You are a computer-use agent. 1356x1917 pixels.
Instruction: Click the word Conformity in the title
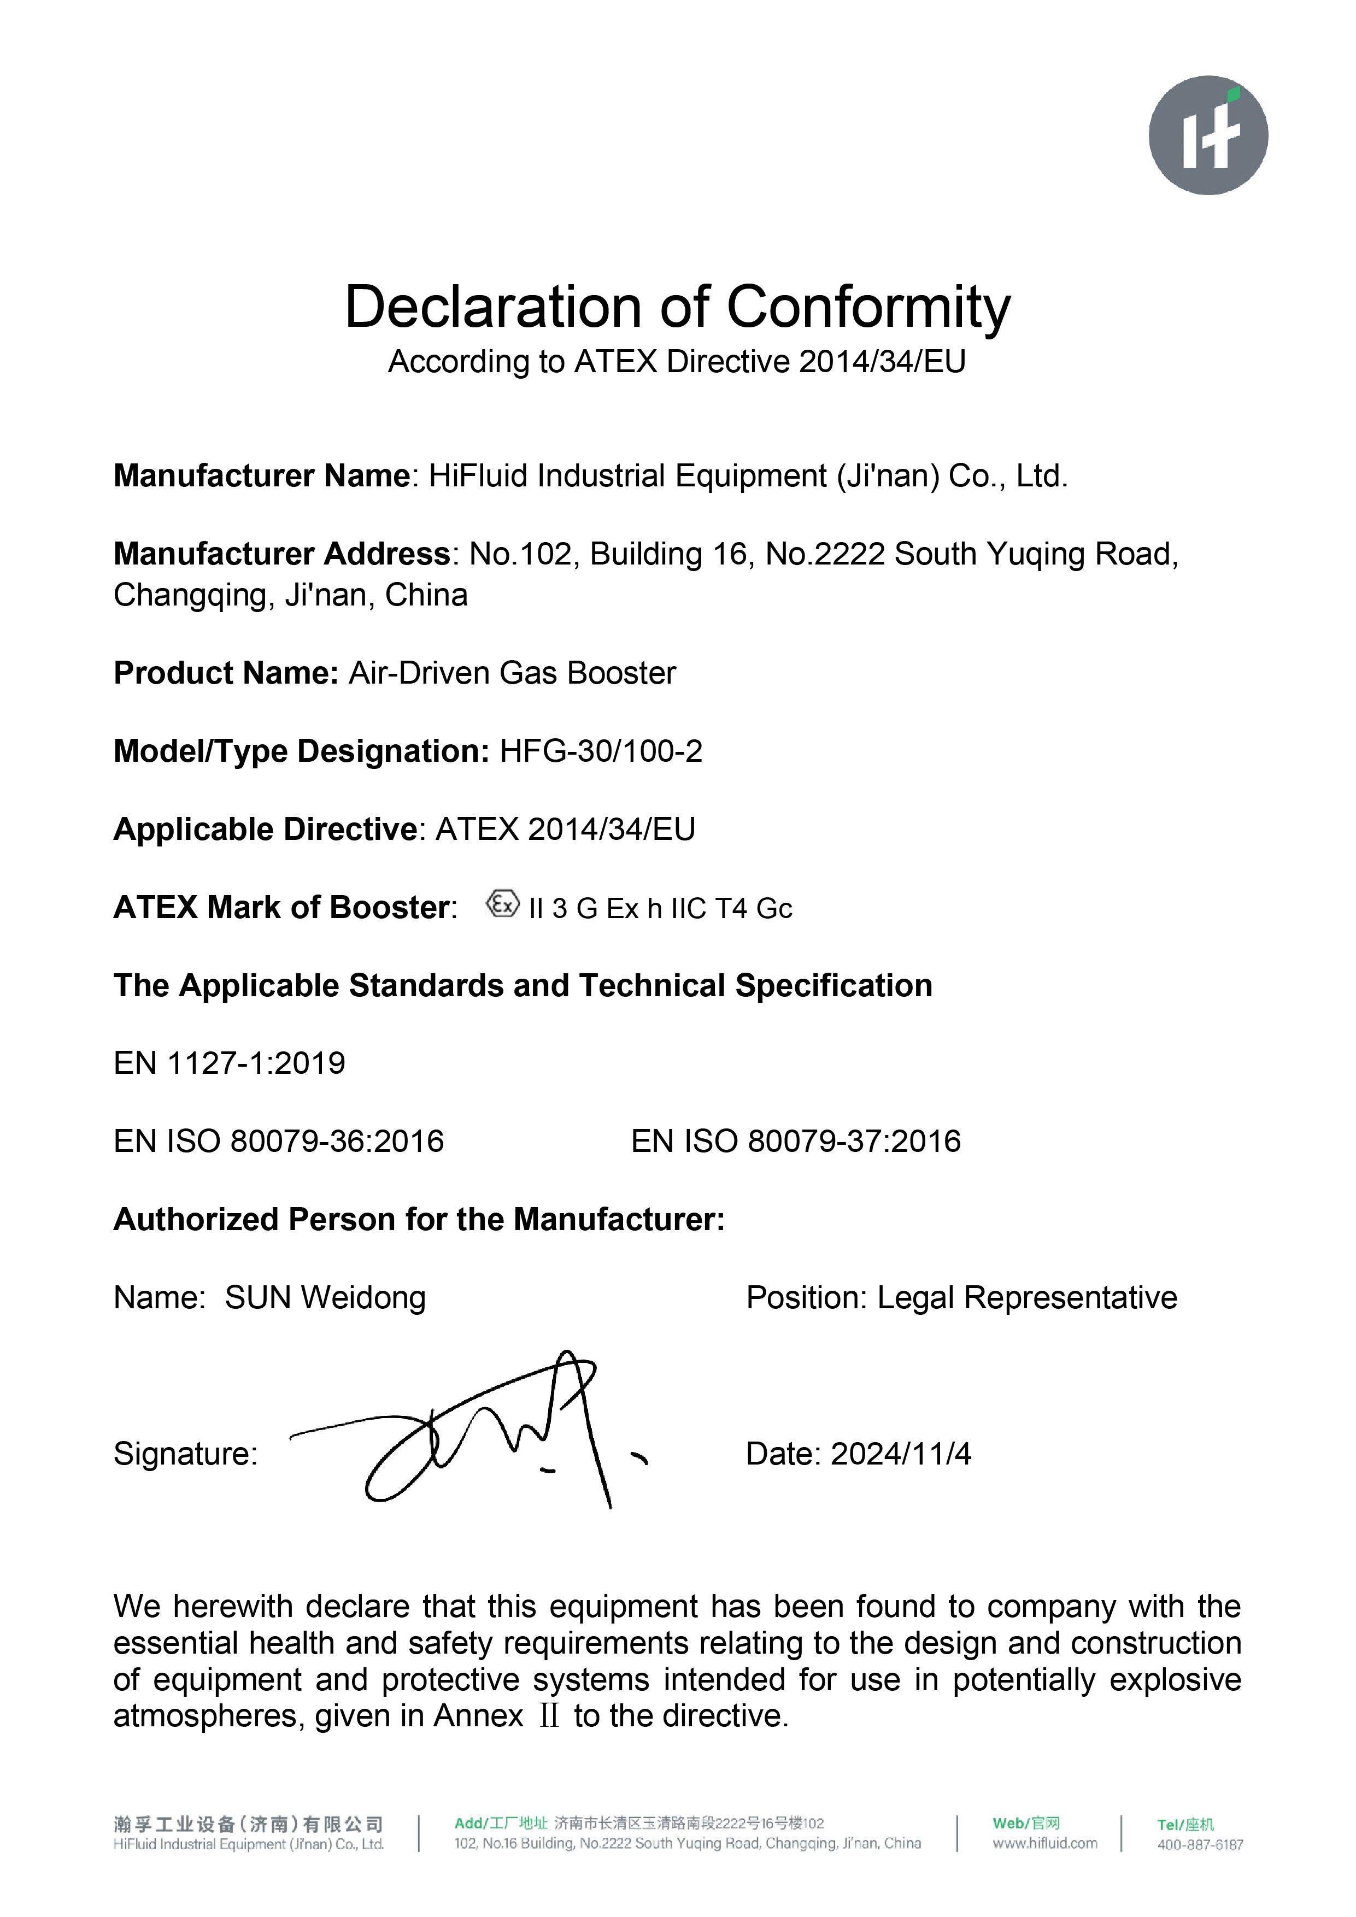[868, 307]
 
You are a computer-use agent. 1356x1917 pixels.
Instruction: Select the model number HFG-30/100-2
[600, 751]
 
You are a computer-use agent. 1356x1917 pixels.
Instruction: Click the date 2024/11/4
[901, 1454]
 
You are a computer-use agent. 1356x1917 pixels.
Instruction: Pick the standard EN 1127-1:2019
[229, 1063]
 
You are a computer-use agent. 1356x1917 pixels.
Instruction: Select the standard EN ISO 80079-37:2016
[796, 1142]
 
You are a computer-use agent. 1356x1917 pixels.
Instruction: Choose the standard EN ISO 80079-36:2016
[279, 1142]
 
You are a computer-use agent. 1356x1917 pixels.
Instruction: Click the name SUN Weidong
[325, 1297]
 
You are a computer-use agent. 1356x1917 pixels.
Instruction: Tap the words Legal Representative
[1027, 1297]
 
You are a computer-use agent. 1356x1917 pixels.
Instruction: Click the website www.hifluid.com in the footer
[1044, 1843]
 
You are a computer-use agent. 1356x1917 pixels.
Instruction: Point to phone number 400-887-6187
[1200, 1844]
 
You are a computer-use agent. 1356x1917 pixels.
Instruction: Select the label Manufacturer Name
[261, 476]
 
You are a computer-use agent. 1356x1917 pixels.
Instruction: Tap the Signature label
[185, 1454]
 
